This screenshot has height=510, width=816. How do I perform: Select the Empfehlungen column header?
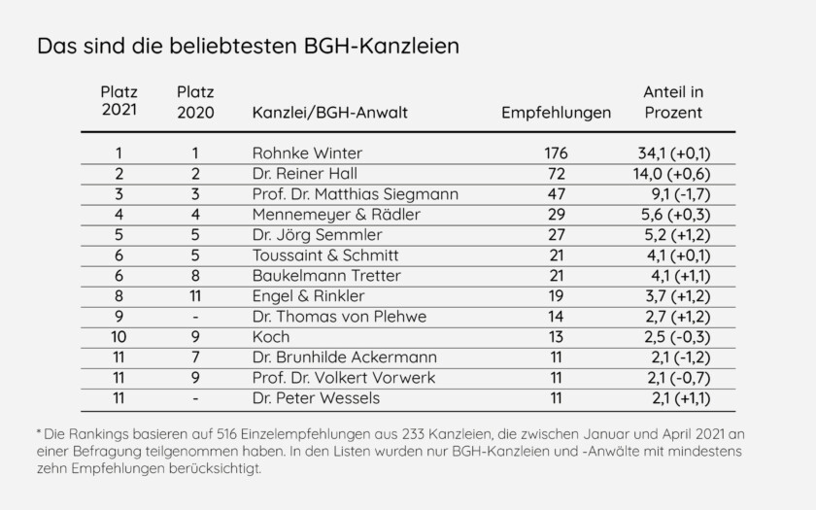(556, 113)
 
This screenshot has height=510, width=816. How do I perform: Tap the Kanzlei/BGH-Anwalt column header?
(329, 113)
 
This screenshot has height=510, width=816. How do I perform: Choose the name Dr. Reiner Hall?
(303, 174)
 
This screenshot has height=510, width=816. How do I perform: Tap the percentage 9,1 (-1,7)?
(672, 194)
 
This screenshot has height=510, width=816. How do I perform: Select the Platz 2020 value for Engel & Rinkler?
(195, 296)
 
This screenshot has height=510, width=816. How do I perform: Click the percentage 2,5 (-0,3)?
(672, 337)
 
